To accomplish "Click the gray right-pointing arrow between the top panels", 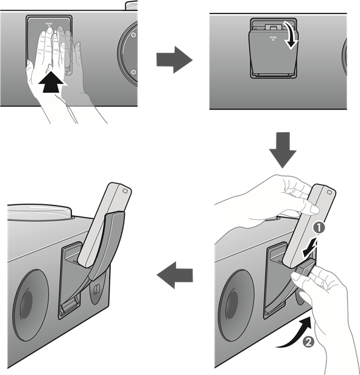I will click(174, 60).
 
